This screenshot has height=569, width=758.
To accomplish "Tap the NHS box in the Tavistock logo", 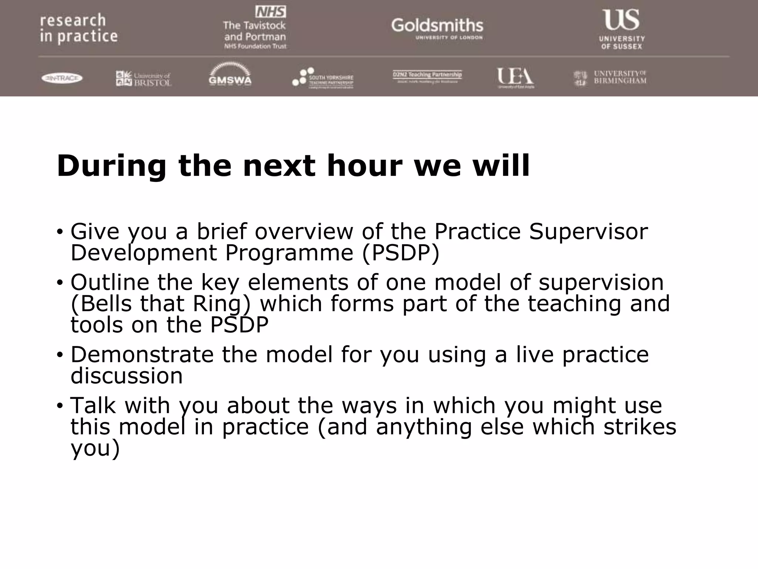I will (x=271, y=12).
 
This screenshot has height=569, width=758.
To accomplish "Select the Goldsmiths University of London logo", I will (x=437, y=28).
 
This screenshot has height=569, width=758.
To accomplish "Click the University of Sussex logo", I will (x=621, y=29).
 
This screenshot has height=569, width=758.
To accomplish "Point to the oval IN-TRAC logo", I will (x=62, y=78).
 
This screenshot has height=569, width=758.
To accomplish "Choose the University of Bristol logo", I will (x=144, y=79).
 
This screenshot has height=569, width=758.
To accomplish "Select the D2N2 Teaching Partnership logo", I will (x=427, y=76).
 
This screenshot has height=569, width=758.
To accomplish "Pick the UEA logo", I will (x=515, y=77).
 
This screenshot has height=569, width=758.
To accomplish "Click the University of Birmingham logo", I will (x=610, y=78).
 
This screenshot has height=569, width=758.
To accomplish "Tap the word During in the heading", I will (x=111, y=166).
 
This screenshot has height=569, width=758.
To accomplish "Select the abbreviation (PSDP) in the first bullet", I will (x=400, y=253).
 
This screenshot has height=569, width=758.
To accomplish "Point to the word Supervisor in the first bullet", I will (x=588, y=232).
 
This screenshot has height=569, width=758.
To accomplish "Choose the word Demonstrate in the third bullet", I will (x=142, y=355).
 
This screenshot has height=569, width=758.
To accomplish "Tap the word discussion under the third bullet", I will (x=127, y=376).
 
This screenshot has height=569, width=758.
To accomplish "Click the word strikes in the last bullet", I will (x=640, y=427).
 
